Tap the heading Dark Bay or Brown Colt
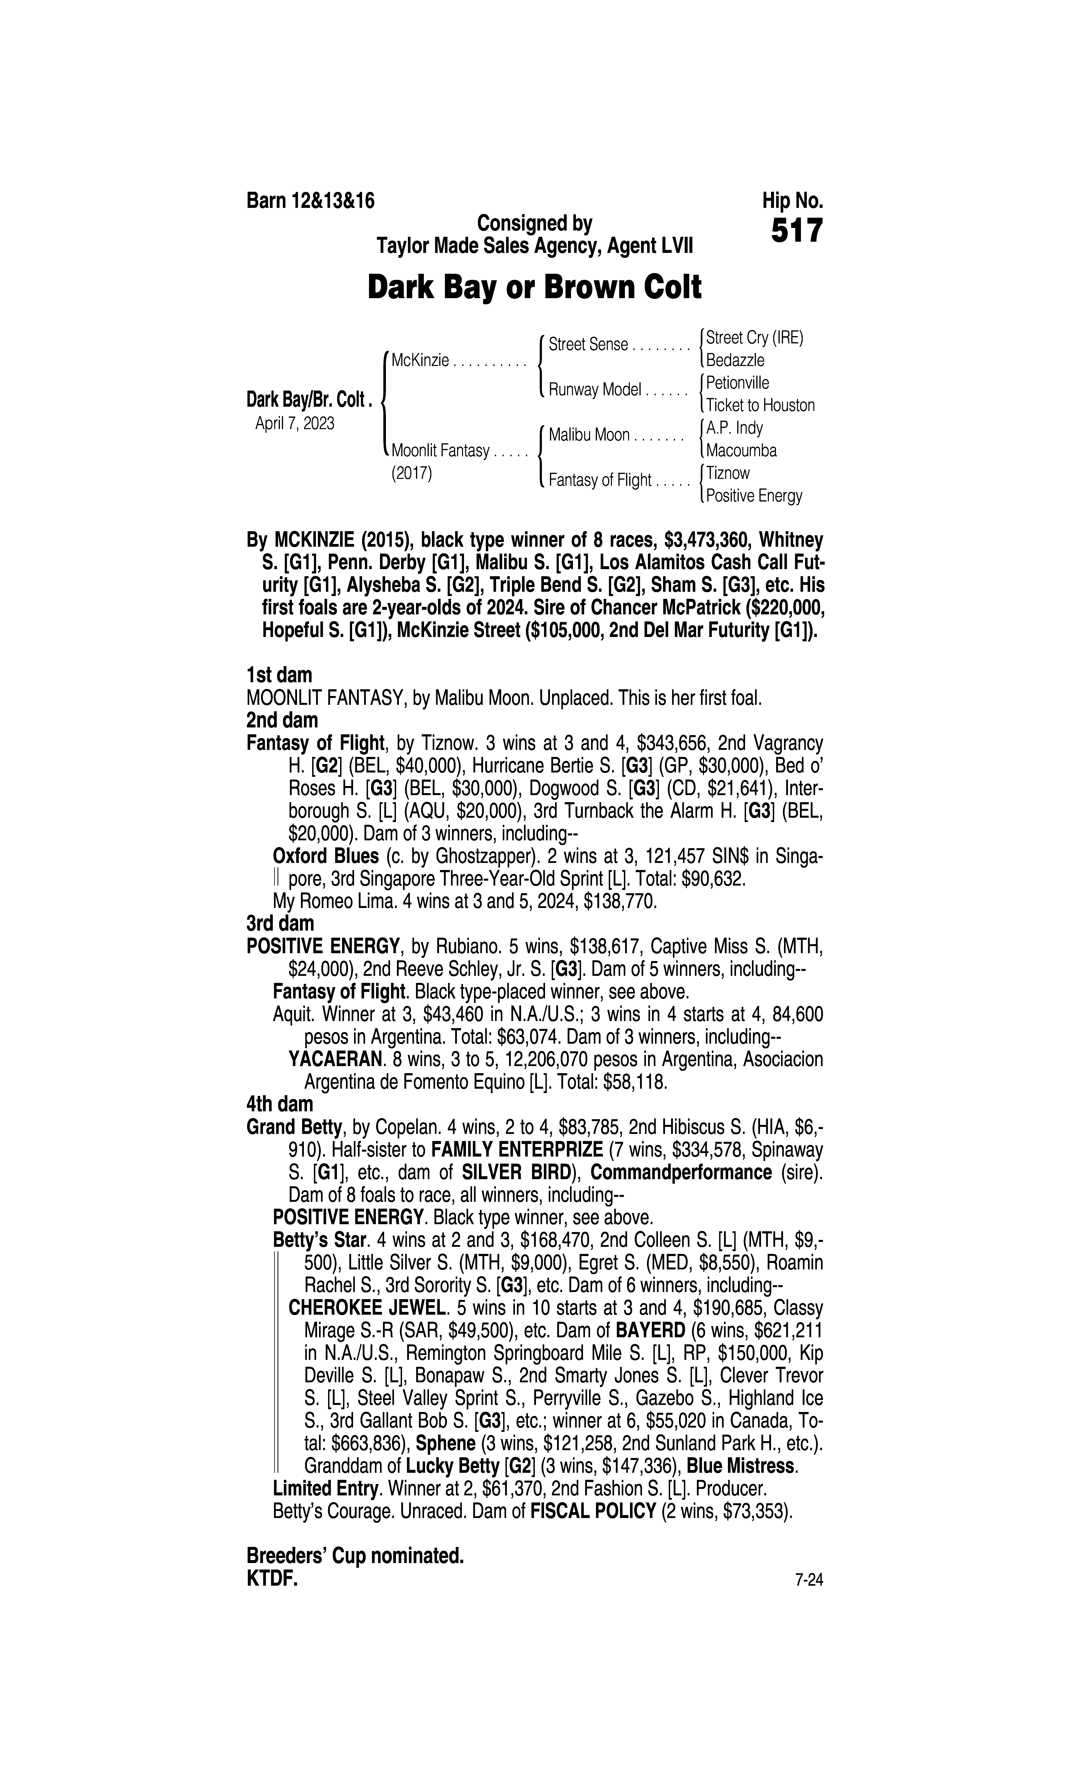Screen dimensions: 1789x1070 click(534, 288)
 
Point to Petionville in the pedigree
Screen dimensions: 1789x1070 click(737, 383)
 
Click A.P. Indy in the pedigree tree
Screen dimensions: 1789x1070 click(734, 428)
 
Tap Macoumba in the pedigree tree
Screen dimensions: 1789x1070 click(741, 451)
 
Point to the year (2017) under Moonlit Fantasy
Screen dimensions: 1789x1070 click(411, 474)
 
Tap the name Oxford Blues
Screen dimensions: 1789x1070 click(326, 856)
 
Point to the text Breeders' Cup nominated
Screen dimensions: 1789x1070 click(355, 1556)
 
